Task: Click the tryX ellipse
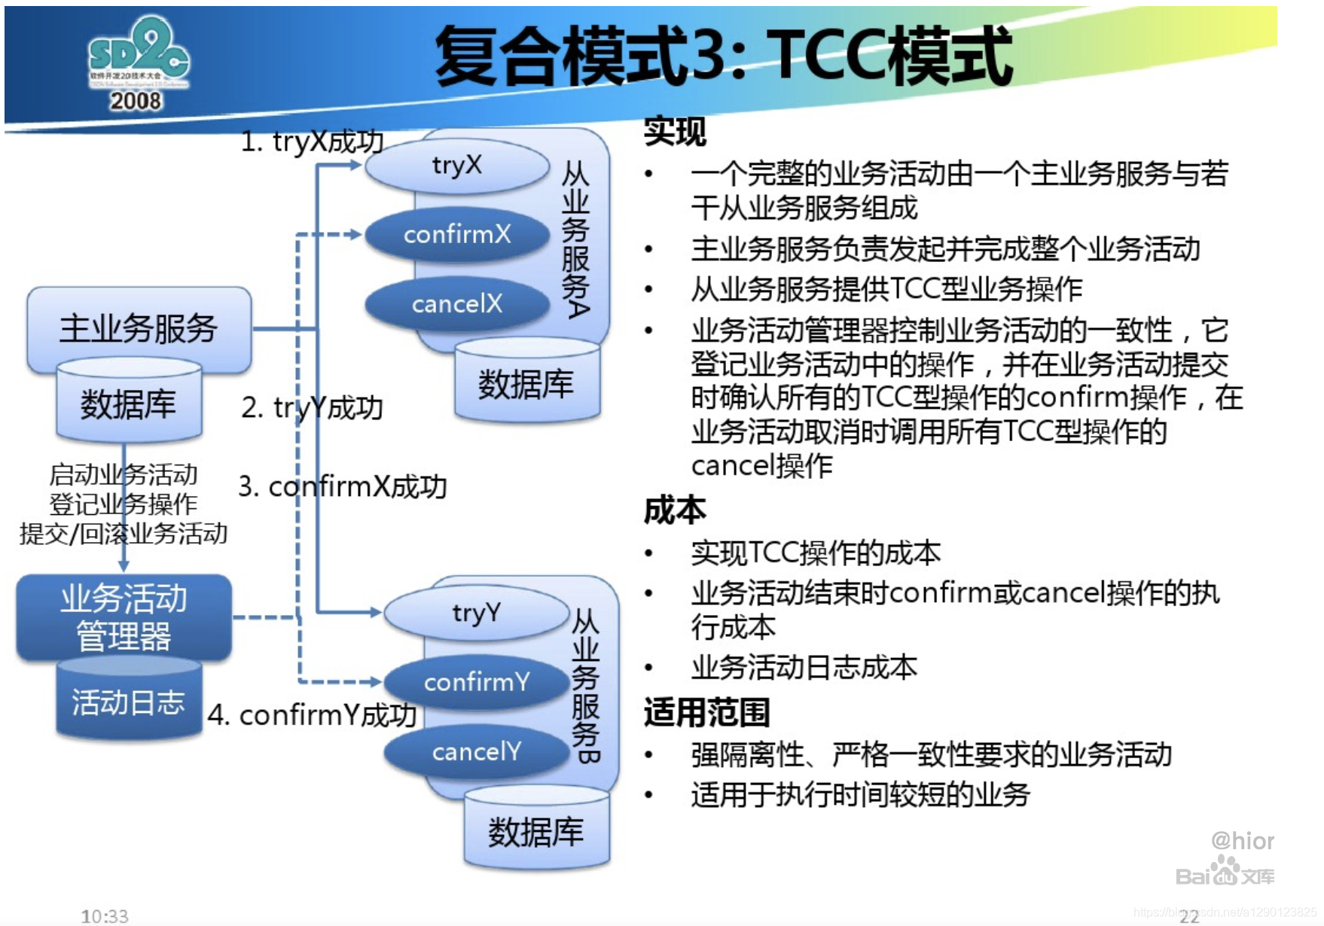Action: pyautogui.click(x=457, y=165)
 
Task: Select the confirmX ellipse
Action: pyautogui.click(x=457, y=235)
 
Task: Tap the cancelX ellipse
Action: pyautogui.click(x=457, y=304)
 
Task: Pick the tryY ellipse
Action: pyautogui.click(x=476, y=613)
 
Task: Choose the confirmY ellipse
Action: pyautogui.click(x=476, y=682)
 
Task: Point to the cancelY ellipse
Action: pyautogui.click(x=476, y=751)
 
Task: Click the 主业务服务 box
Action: pyautogui.click(x=139, y=328)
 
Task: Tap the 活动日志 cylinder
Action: pyautogui.click(x=128, y=702)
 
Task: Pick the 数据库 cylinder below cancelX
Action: pyautogui.click(x=526, y=384)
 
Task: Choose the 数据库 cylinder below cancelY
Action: pyautogui.click(x=536, y=831)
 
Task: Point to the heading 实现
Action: pyautogui.click(x=675, y=133)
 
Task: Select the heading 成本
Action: pyautogui.click(x=675, y=510)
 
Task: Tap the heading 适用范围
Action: pyautogui.click(x=706, y=712)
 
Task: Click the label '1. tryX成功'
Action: pyautogui.click(x=312, y=142)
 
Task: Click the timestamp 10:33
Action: pyautogui.click(x=105, y=915)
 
